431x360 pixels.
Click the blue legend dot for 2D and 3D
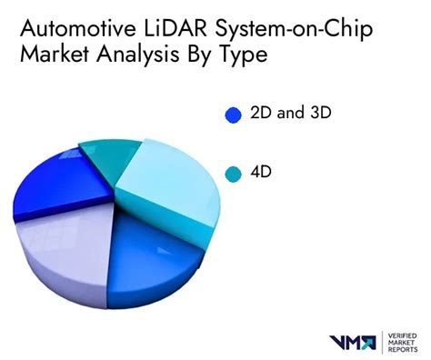[233, 115]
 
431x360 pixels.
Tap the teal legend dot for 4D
[233, 173]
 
